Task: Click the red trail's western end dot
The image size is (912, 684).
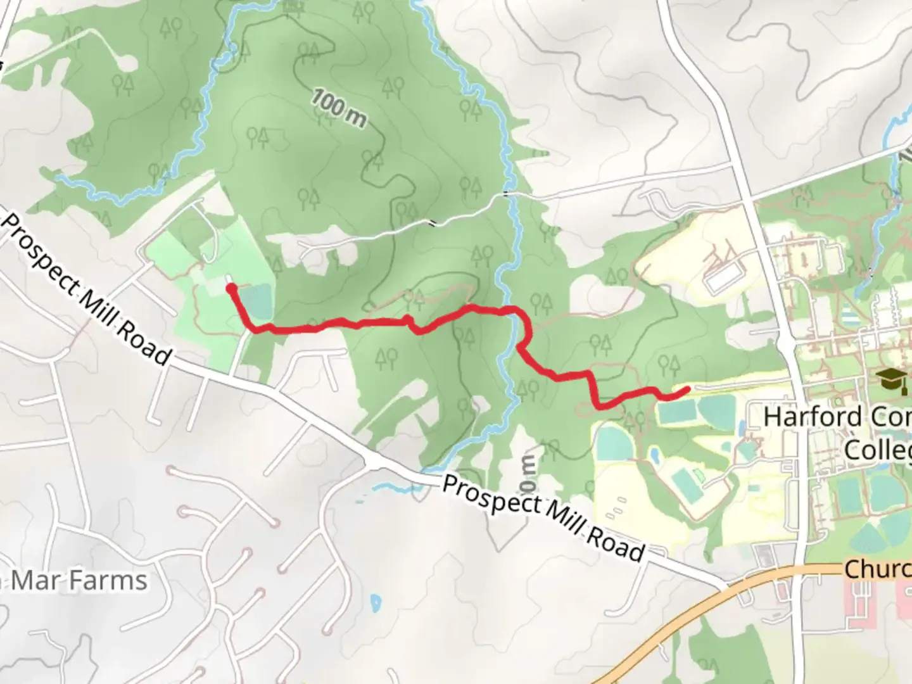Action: click(231, 289)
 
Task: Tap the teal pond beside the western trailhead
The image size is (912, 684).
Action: click(257, 301)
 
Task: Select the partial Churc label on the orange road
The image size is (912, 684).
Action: click(877, 569)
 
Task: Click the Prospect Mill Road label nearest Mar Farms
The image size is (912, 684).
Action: click(86, 289)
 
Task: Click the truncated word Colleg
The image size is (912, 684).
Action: click(877, 450)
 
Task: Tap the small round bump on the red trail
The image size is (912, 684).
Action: click(408, 319)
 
